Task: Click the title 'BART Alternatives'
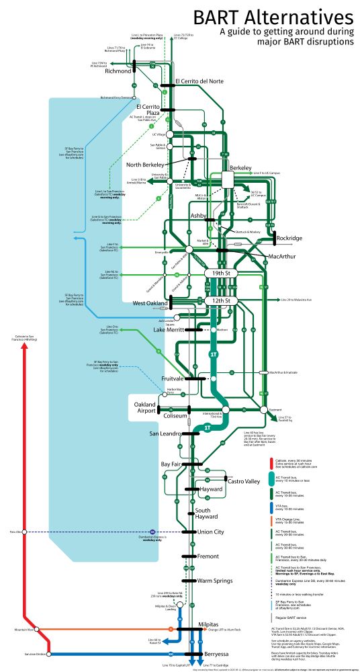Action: point(275,16)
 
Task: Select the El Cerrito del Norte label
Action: point(199,81)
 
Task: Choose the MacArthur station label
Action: point(282,257)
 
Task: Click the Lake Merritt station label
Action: point(168,330)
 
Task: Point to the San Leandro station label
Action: point(165,433)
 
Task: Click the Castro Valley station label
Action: point(242,482)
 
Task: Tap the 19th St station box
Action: point(222,274)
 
